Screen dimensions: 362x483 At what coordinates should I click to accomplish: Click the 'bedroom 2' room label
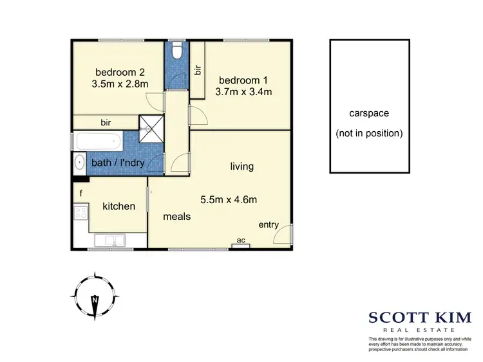point(122,71)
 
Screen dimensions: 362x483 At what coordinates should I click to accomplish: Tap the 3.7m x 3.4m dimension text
point(245,91)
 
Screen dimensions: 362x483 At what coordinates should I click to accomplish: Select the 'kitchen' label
point(119,206)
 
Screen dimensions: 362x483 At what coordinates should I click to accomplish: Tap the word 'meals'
point(176,217)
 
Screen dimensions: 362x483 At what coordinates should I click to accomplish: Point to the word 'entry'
point(269,224)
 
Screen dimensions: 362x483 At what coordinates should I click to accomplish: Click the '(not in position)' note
point(368,134)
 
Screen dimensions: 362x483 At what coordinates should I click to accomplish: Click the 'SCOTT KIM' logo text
point(415,316)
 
